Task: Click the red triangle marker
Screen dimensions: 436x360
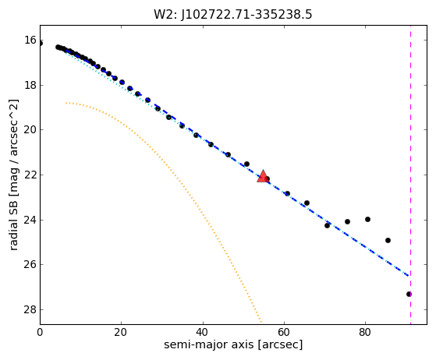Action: [x=263, y=176]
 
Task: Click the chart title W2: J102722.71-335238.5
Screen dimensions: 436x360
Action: [x=233, y=15]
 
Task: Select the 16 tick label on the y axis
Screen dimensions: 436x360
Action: [x=30, y=40]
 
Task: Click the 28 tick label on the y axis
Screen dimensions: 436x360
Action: [x=30, y=309]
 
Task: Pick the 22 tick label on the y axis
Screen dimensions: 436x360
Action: [x=30, y=175]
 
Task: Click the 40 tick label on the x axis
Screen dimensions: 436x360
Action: [x=203, y=332]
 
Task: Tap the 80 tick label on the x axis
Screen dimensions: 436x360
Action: [x=365, y=332]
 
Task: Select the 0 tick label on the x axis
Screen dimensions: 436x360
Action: [x=40, y=332]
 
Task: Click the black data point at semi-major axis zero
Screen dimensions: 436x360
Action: [x=41, y=43]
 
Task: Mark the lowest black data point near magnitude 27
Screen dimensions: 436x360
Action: [x=409, y=294]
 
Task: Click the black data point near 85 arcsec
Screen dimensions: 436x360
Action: [x=388, y=240]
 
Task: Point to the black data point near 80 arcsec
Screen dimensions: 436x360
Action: [x=367, y=219]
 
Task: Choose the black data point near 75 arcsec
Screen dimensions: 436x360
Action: [x=347, y=221]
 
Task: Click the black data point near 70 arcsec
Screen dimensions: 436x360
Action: [x=327, y=225]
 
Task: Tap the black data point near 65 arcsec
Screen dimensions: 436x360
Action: [x=307, y=203]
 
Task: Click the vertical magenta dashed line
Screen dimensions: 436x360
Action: [x=411, y=175]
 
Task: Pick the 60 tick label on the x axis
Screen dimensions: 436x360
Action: [x=284, y=332]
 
